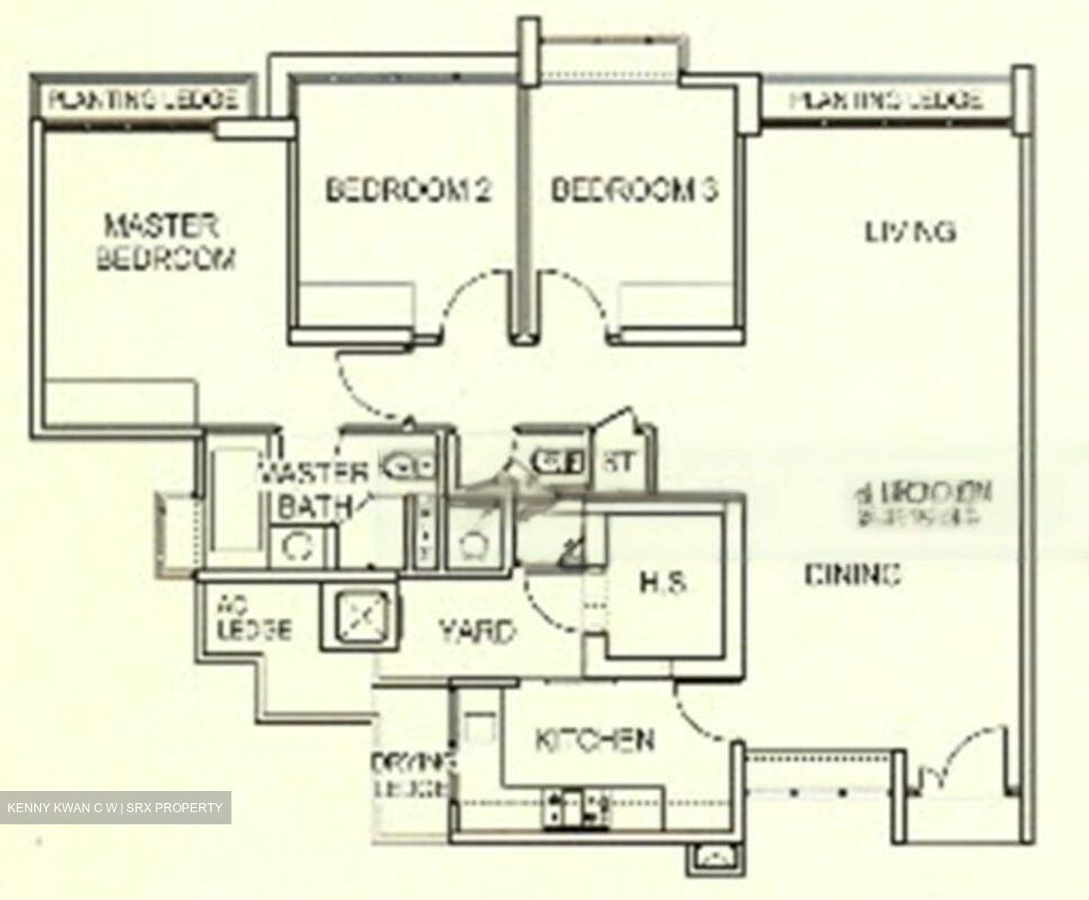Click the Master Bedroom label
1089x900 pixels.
tap(166, 242)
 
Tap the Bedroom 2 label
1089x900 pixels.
tap(408, 189)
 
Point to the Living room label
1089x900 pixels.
tap(910, 231)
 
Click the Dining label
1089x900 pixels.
tap(852, 576)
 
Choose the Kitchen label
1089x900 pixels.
tap(594, 740)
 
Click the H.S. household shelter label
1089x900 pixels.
tap(662, 583)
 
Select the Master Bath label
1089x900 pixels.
tap(314, 490)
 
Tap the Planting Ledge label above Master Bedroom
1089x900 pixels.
tap(144, 98)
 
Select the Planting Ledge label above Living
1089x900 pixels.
tap(886, 100)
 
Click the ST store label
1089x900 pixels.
tap(619, 462)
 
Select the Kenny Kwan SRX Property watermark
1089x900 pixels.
tap(115, 808)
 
